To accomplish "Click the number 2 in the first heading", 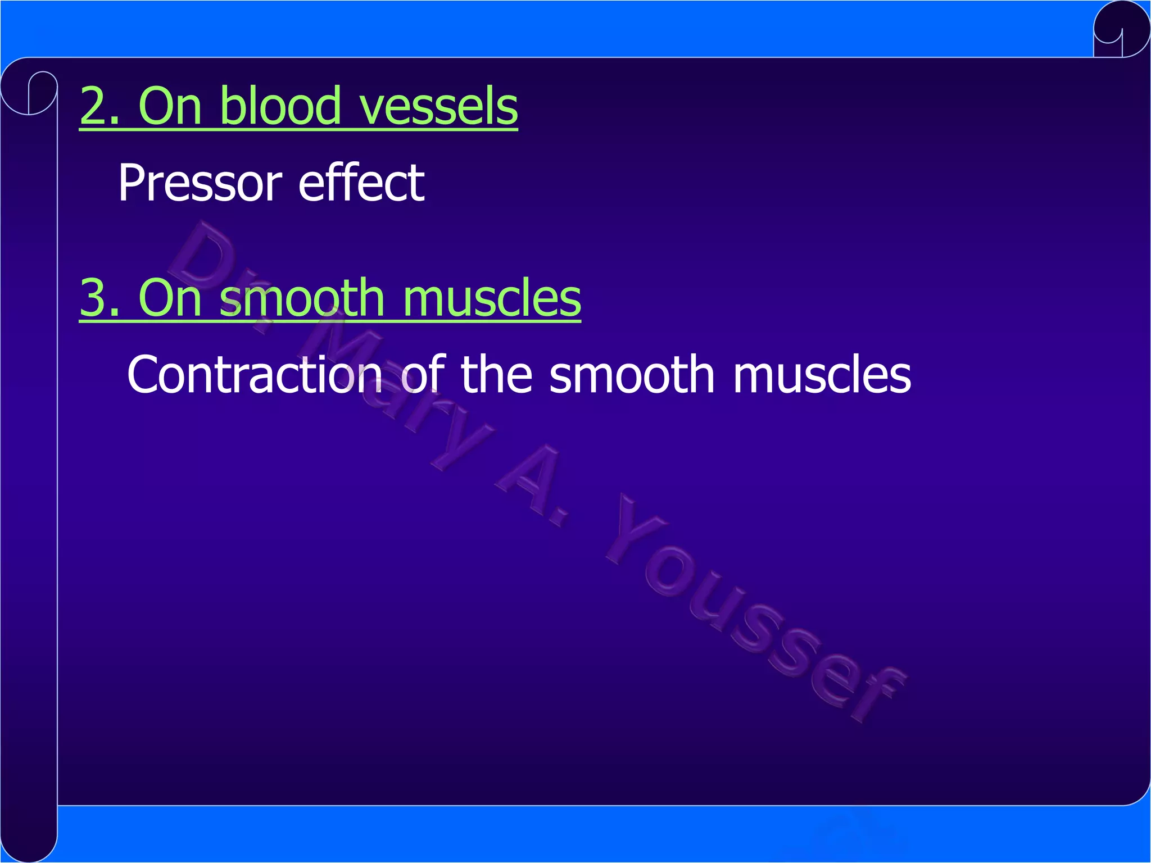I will pyautogui.click(x=94, y=107).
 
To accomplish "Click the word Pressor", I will pyautogui.click(x=200, y=183).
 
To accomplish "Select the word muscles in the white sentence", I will pyautogui.click(x=822, y=375).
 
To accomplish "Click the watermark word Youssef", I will pyautogui.click(x=753, y=612).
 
